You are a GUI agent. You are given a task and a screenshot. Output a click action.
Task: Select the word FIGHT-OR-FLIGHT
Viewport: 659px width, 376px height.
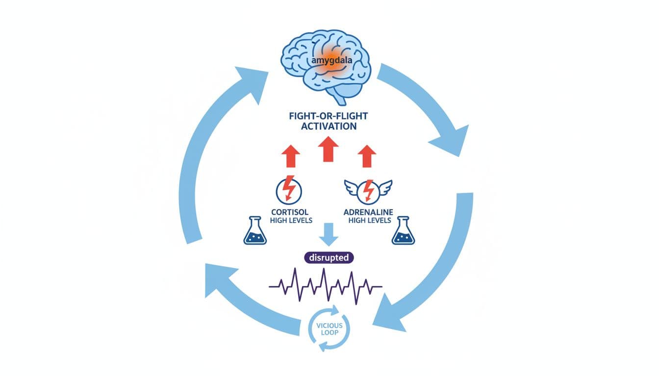point(328,117)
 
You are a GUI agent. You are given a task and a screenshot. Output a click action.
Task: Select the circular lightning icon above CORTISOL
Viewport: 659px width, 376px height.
point(290,190)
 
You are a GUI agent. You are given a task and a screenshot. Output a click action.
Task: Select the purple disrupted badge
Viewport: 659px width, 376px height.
point(329,258)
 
